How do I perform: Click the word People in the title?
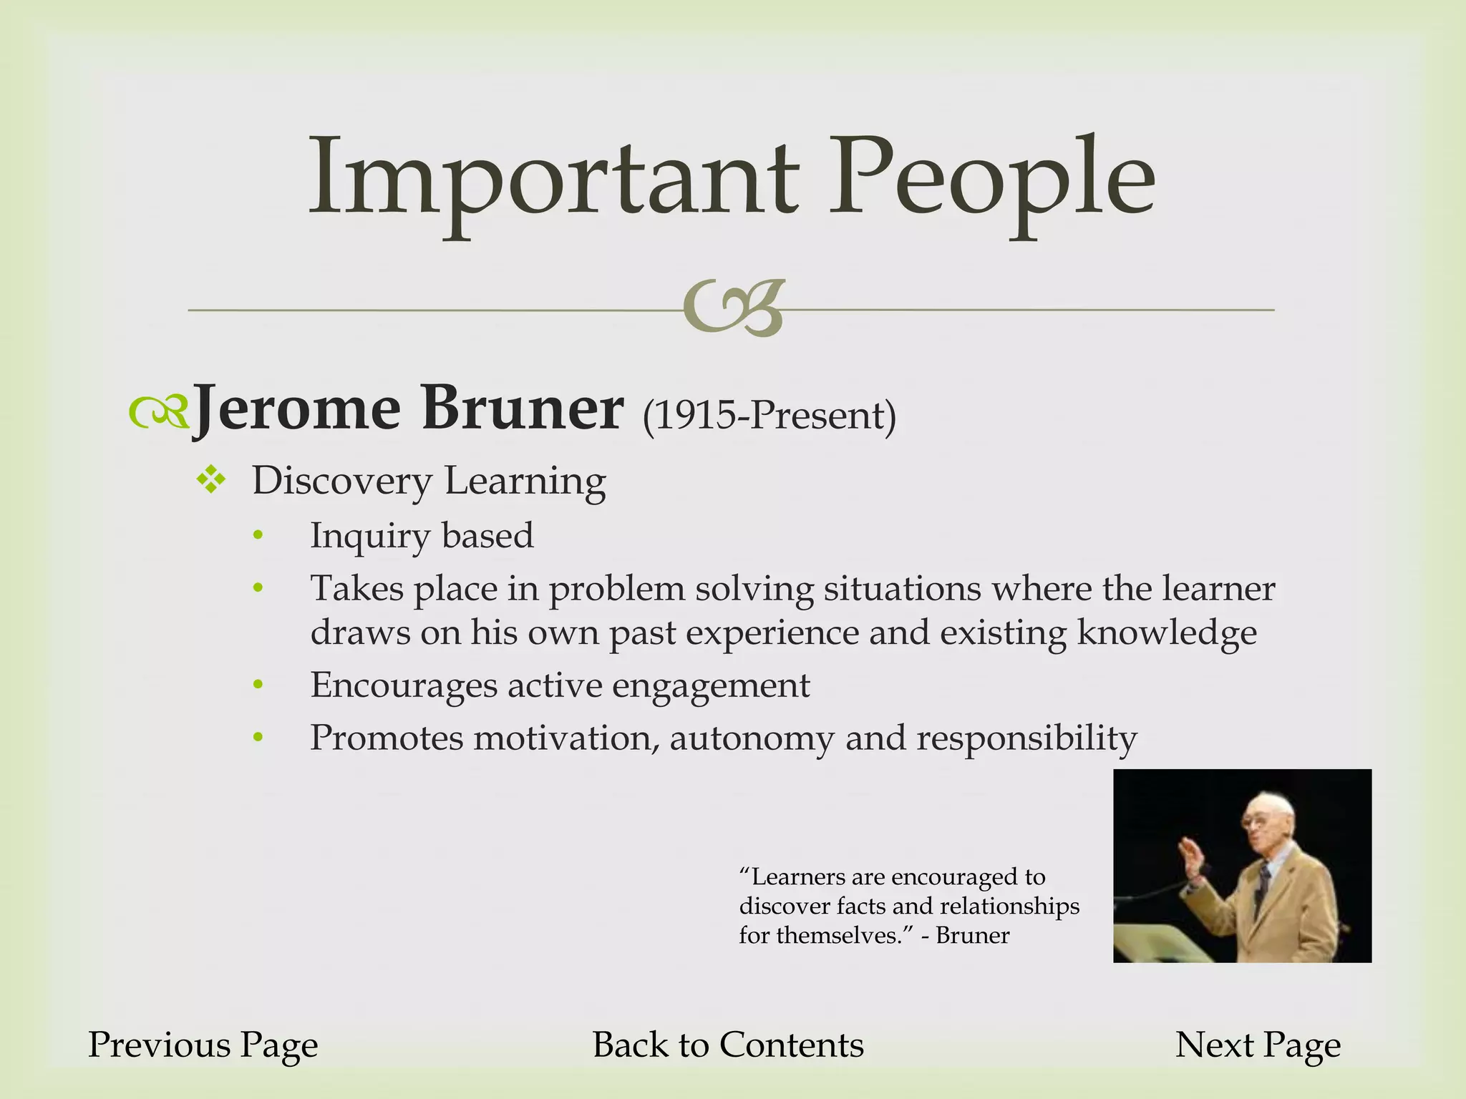point(991,179)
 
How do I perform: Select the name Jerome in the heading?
point(297,409)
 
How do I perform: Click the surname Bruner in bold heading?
point(523,409)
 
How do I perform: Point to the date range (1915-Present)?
point(770,415)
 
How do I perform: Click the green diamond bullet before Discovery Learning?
point(211,479)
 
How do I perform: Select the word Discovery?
point(341,481)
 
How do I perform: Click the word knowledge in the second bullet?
point(1167,633)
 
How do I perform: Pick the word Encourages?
point(404,685)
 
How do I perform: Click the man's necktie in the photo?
point(1263,887)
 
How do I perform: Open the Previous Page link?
point(203,1045)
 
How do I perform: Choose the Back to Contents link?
point(728,1045)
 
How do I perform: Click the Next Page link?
point(1258,1045)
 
